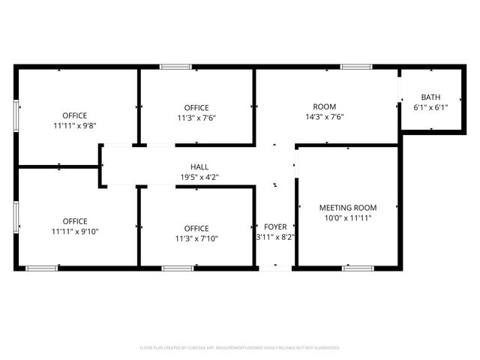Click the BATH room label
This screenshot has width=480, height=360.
(430, 97)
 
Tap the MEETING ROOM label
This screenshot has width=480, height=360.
(348, 208)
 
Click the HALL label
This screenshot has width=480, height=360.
(199, 167)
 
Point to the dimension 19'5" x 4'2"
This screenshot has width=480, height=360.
(199, 178)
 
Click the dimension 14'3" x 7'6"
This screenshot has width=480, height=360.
(324, 117)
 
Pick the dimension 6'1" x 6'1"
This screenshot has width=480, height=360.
(430, 108)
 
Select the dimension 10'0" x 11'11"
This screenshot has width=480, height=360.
(348, 217)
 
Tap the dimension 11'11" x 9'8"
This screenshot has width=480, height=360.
(74, 126)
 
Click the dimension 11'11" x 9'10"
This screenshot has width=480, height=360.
(74, 232)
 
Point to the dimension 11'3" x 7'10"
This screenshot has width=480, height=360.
(196, 238)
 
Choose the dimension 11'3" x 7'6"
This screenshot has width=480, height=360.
(196, 118)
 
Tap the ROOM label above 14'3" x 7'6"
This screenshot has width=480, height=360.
(324, 106)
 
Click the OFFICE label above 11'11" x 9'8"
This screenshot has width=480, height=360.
(74, 115)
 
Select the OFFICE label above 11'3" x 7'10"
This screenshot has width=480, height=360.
(196, 228)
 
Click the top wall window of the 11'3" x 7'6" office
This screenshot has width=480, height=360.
(175, 67)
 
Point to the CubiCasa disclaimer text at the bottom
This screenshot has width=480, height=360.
(240, 348)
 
